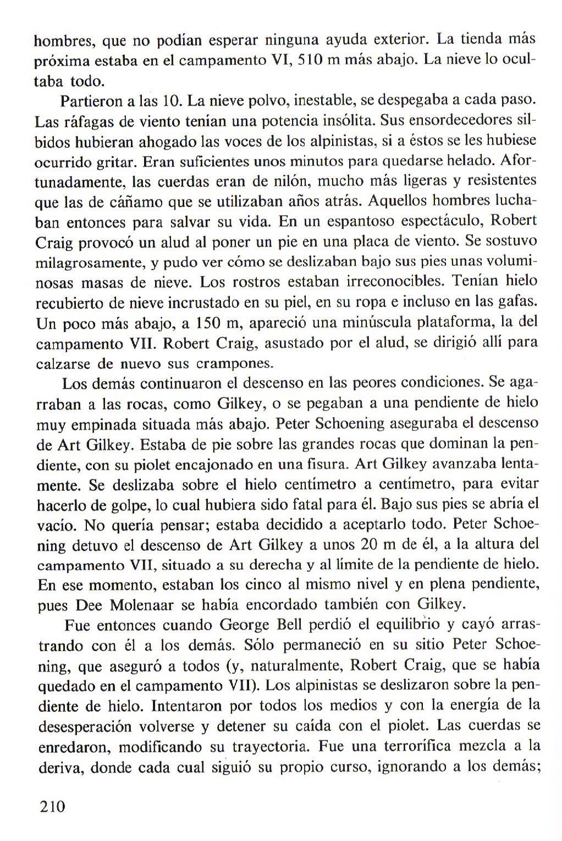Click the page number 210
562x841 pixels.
point(52,807)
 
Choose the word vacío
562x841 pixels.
point(54,525)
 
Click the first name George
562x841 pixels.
point(244,626)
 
